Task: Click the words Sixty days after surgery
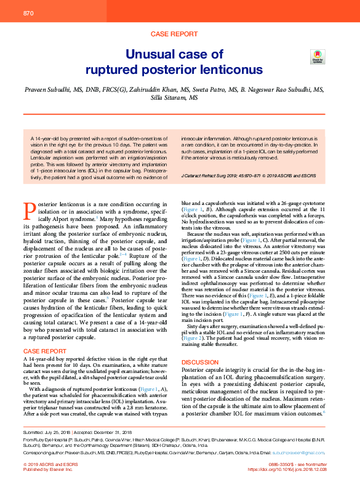tap(214, 327)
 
